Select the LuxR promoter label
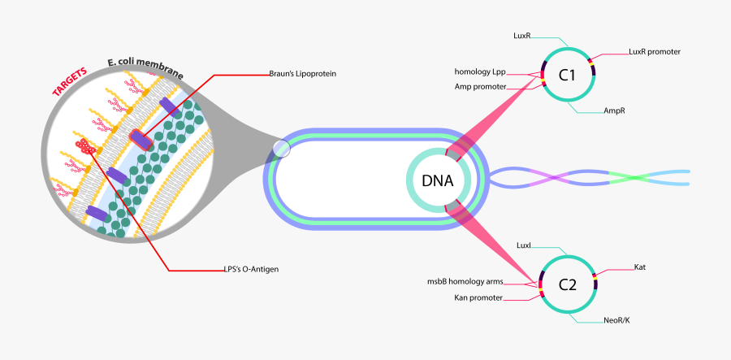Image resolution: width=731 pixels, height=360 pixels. click(654, 52)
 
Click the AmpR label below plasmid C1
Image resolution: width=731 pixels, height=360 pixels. click(613, 111)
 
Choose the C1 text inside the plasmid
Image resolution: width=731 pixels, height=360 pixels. click(567, 76)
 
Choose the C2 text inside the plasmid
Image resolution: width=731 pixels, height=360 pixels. click(567, 284)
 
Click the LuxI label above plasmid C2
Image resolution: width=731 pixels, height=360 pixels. click(524, 245)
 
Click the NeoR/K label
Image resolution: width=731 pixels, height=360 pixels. click(616, 320)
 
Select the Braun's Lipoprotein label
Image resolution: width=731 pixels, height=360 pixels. click(302, 74)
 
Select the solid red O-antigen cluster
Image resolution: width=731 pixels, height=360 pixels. click(85, 146)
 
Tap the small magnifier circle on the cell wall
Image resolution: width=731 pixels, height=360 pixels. click(280, 149)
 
